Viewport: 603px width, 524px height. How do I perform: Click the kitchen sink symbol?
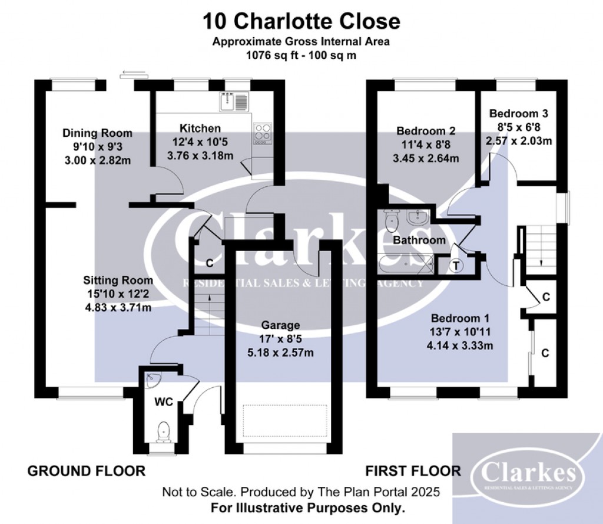[234, 101]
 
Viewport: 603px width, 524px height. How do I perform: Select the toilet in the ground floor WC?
[164, 432]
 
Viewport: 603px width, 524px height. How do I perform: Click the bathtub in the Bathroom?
[406, 264]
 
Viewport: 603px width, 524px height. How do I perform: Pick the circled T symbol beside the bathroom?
[456, 266]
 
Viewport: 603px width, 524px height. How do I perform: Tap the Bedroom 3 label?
[518, 114]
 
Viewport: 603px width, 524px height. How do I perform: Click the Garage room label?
[280, 325]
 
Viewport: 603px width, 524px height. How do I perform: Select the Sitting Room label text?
[118, 280]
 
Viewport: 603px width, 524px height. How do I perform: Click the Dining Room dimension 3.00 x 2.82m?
[98, 160]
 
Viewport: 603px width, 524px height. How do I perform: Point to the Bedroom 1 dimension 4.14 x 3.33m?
[460, 345]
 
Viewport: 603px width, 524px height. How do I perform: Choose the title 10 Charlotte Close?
[301, 21]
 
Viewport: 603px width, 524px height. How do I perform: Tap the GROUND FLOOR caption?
[87, 471]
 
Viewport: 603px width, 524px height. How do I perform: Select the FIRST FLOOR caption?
[413, 471]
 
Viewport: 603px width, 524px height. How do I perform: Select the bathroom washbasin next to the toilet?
[418, 218]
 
